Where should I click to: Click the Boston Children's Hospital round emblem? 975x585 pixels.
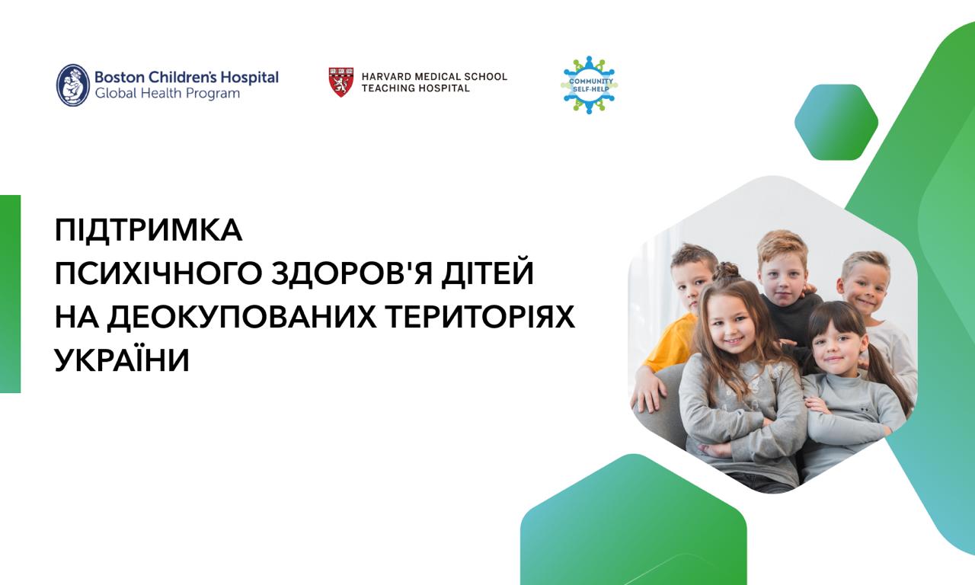pos(73,85)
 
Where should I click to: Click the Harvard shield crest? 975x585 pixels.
pos(341,82)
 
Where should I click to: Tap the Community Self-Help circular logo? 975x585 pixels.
pos(590,85)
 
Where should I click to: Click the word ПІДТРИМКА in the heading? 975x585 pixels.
pos(149,230)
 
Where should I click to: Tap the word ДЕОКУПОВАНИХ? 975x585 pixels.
pos(242,317)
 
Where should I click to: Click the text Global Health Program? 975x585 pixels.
pos(168,94)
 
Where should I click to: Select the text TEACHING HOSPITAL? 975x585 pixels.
pos(416,88)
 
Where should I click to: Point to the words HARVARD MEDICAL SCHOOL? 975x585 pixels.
pos(434,77)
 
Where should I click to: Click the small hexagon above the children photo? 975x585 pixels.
pos(836,123)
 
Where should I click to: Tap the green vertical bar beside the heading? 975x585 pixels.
pos(11,294)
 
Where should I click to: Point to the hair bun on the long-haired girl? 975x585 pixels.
pos(726,272)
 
